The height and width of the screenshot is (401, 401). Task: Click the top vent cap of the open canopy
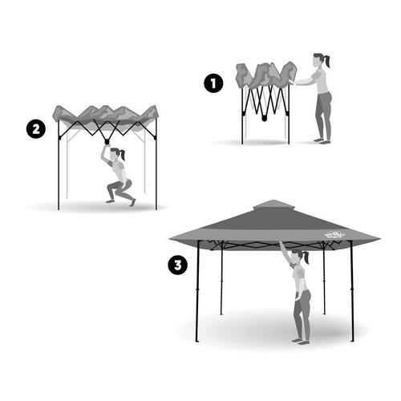coord(275,205)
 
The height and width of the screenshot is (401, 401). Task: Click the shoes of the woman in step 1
coord(322,141)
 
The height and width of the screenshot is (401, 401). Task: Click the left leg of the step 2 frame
coord(59,168)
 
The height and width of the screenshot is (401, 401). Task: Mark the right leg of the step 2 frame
coord(156,168)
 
